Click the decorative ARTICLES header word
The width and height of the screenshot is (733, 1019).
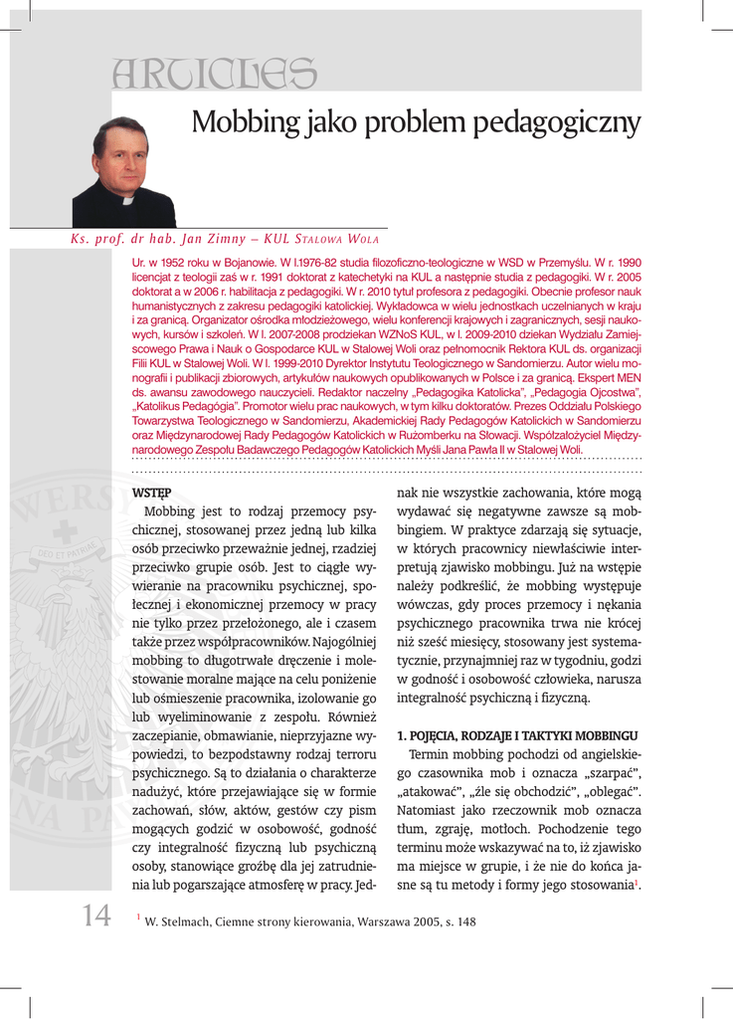(x=215, y=73)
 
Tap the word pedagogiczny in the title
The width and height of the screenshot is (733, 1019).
(x=554, y=123)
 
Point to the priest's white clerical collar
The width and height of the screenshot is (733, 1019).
(x=126, y=198)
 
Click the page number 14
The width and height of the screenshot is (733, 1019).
(x=96, y=916)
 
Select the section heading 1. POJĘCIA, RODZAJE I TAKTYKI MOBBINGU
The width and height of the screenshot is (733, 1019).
(x=517, y=734)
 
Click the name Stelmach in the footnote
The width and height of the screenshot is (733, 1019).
(x=190, y=921)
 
